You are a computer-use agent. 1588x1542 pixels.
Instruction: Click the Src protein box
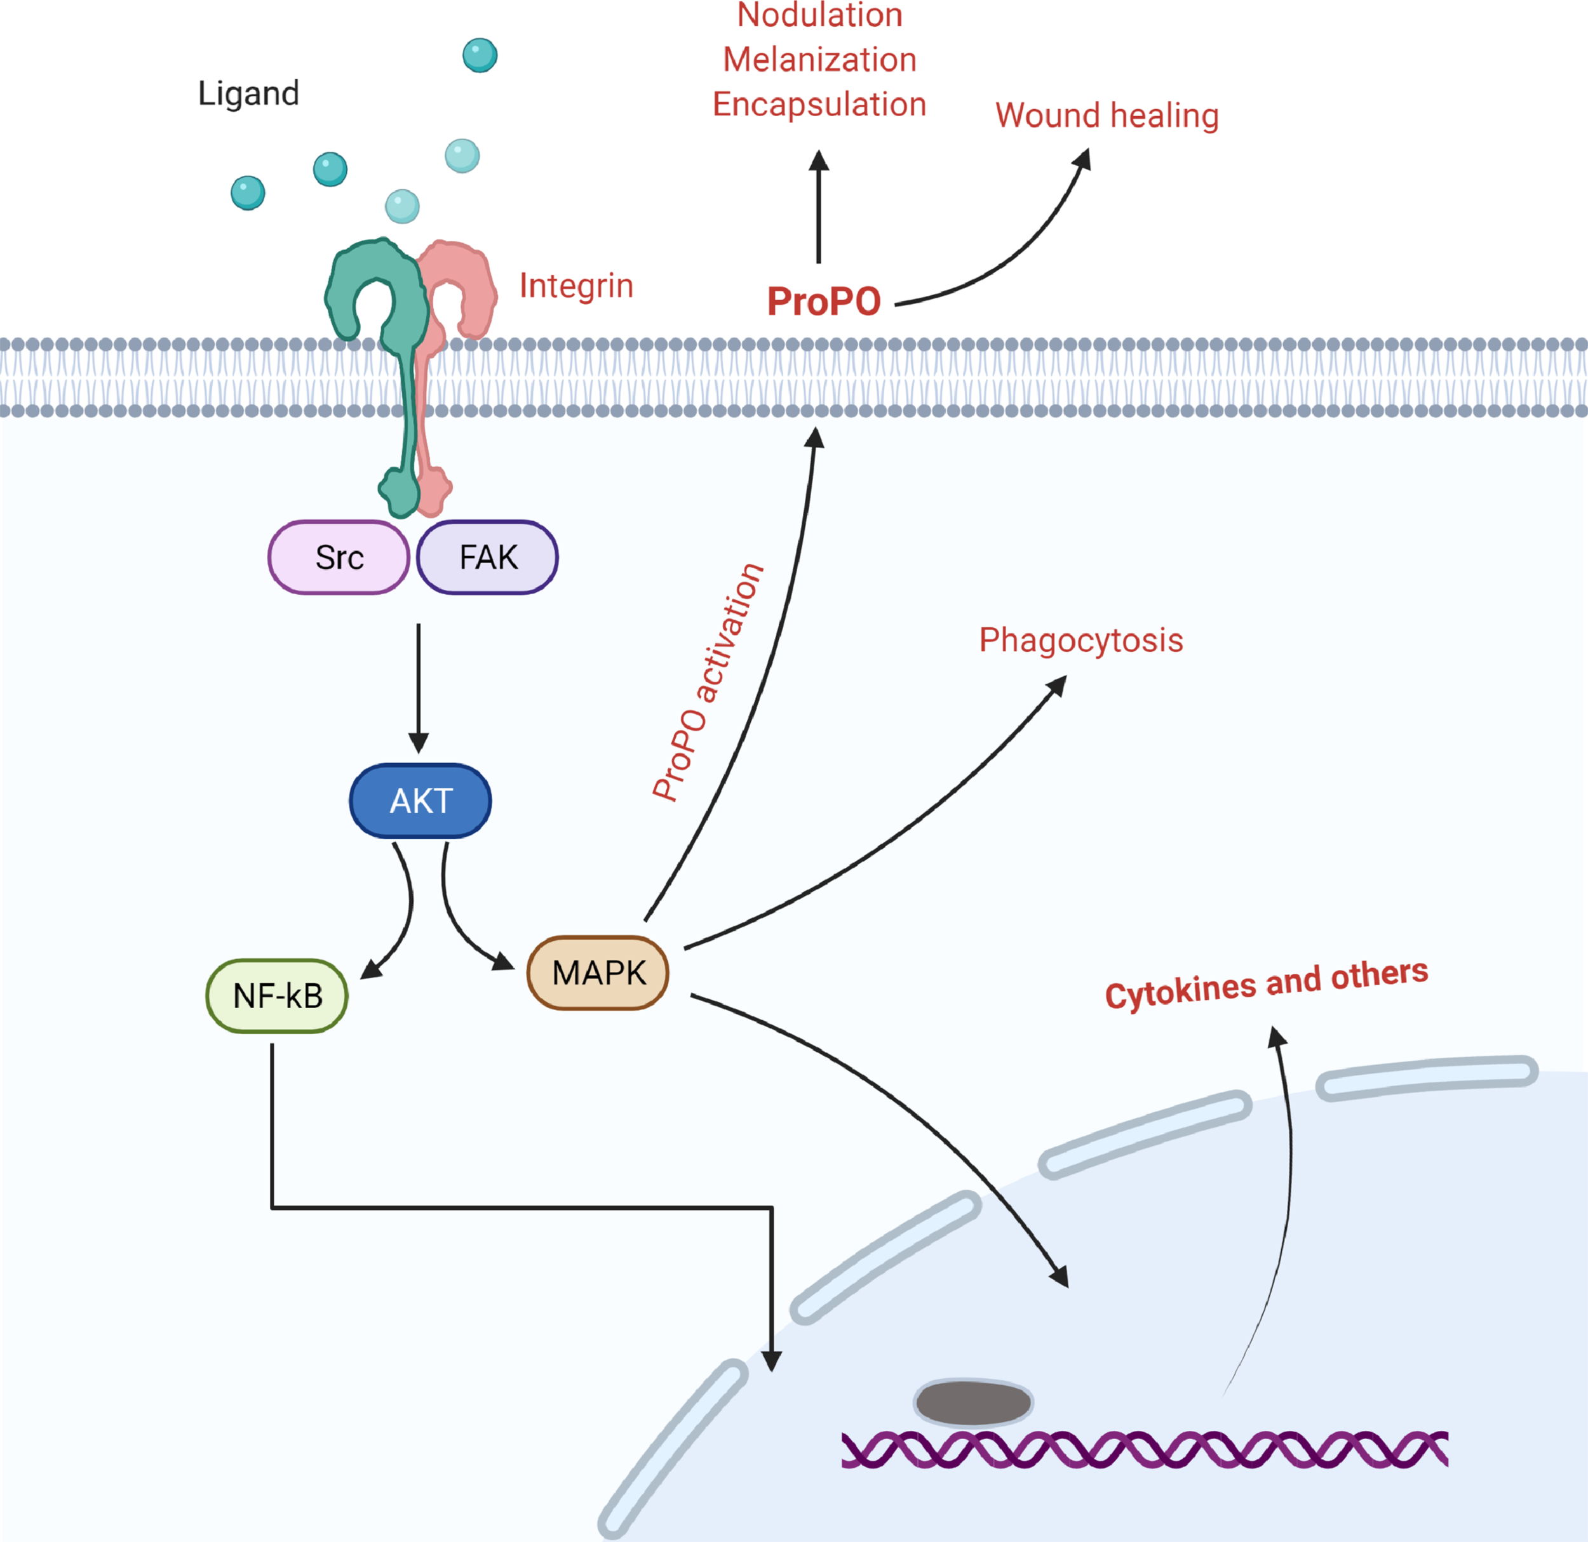click(x=339, y=558)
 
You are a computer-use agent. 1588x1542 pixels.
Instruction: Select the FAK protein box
click(x=488, y=558)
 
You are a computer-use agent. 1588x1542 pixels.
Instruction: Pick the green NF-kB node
click(x=277, y=996)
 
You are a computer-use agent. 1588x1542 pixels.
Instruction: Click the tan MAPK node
click(x=598, y=973)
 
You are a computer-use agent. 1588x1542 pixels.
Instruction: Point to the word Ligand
click(x=249, y=93)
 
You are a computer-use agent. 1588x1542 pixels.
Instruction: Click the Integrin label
click(x=576, y=286)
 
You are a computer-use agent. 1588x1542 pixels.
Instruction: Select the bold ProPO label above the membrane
click(x=823, y=302)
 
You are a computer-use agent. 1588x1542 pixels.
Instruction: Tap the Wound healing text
click(x=1107, y=115)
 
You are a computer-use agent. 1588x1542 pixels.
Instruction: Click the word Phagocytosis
click(x=1081, y=640)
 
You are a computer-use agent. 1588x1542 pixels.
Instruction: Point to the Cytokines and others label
click(x=1267, y=983)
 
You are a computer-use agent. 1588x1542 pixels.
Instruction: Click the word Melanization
click(x=819, y=60)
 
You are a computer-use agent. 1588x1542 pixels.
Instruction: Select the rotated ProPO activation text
click(x=708, y=682)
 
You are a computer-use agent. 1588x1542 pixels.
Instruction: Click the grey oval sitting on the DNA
click(x=973, y=1404)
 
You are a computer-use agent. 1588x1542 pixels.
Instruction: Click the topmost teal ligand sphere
click(x=480, y=55)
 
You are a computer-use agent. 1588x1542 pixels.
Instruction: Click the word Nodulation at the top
click(x=819, y=15)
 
